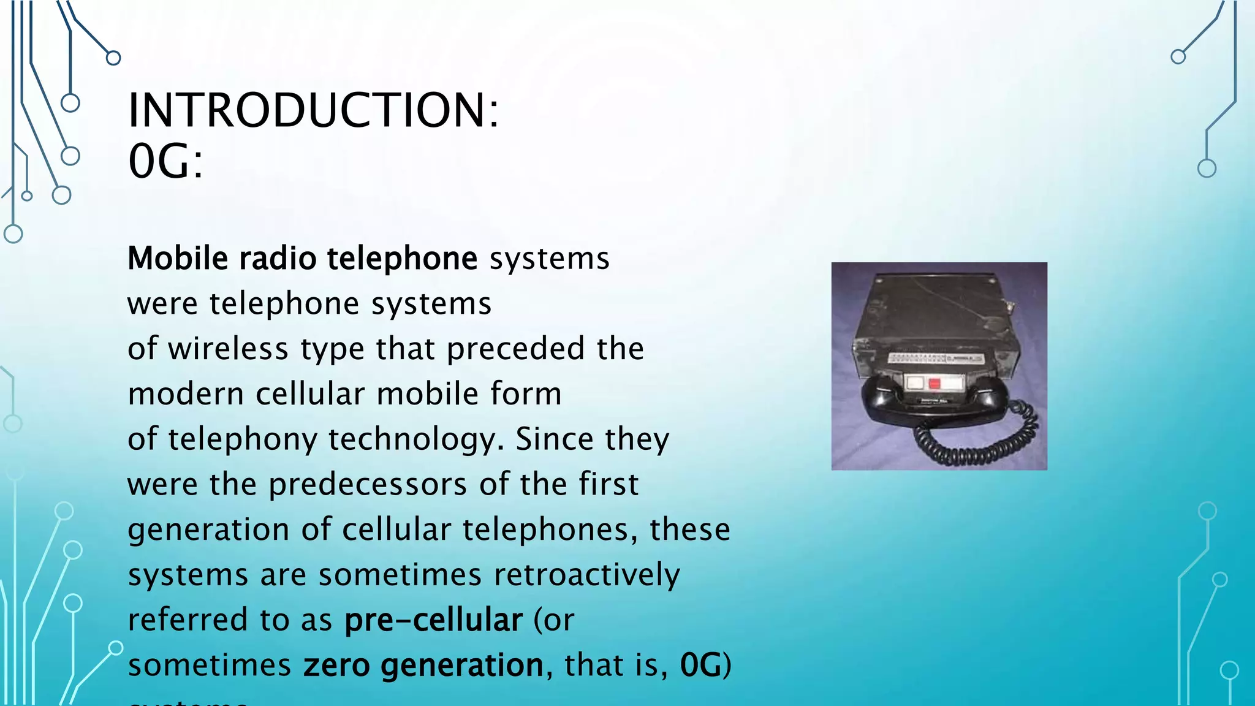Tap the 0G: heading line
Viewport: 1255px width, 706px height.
point(165,162)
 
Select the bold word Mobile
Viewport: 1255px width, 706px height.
point(177,258)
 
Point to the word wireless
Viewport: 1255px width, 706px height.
point(228,349)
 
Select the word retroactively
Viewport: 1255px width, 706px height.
point(586,575)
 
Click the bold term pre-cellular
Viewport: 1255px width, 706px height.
point(433,620)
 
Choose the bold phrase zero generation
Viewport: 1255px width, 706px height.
point(423,666)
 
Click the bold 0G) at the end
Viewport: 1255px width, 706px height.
point(705,666)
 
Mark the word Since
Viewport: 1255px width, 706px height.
point(554,439)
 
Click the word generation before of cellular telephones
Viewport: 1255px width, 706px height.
point(208,530)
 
